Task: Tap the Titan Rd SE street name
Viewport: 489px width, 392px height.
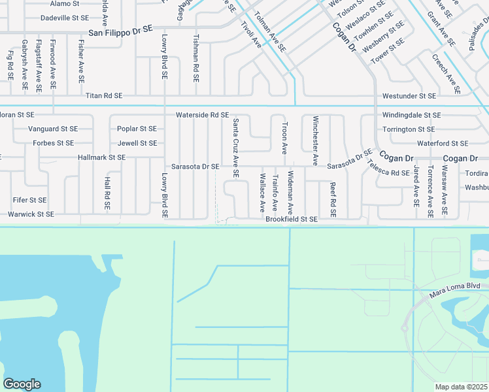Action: coord(104,95)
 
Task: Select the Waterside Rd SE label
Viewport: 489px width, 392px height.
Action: coord(202,115)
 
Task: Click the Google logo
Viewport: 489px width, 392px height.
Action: coord(22,384)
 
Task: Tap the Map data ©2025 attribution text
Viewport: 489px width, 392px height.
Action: coord(462,387)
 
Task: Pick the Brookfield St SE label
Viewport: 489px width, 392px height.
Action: coord(292,220)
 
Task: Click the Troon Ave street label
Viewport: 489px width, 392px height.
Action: coord(284,138)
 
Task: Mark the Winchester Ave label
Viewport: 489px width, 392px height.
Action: coord(315,140)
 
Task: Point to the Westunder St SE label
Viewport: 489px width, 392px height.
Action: coord(409,96)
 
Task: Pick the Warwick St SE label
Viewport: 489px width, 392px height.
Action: coord(31,214)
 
